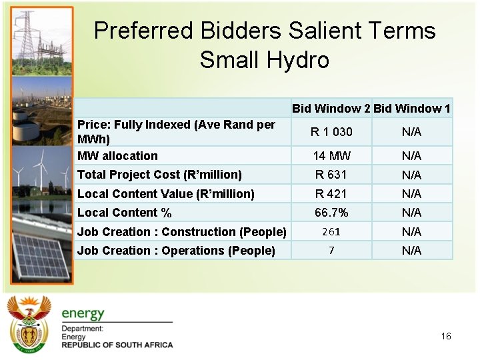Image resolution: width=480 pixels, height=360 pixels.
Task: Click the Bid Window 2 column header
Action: click(x=331, y=108)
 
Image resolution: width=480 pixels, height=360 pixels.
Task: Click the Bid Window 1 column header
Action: click(x=412, y=108)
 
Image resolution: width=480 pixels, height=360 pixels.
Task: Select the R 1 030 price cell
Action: click(x=331, y=132)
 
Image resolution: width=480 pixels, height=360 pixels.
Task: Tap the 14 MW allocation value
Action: click(x=331, y=156)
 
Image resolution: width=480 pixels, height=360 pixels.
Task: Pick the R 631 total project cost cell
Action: click(x=331, y=175)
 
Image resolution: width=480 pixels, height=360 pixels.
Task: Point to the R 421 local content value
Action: click(x=331, y=194)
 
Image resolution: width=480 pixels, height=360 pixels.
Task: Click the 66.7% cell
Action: click(x=331, y=213)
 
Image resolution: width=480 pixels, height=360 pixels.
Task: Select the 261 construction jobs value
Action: click(x=331, y=231)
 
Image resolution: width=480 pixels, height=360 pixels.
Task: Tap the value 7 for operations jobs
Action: click(x=331, y=250)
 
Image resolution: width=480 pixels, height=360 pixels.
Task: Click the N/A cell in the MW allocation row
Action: click(x=411, y=156)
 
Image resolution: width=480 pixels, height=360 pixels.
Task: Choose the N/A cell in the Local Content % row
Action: click(x=411, y=213)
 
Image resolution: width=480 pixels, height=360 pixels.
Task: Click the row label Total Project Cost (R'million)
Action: click(x=159, y=175)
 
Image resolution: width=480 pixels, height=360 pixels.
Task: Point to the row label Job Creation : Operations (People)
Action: click(x=176, y=251)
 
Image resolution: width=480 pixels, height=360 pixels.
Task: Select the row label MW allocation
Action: click(x=117, y=156)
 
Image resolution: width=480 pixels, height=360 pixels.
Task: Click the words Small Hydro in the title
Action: click(x=264, y=60)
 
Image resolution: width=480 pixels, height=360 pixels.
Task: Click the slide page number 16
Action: click(x=446, y=336)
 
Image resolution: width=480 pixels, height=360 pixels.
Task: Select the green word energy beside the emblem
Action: click(x=83, y=313)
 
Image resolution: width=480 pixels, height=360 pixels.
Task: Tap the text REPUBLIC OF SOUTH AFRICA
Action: click(x=117, y=345)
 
